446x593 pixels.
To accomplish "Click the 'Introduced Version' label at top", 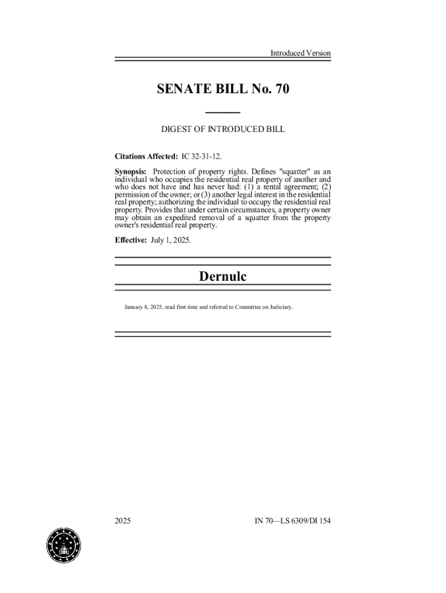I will [x=300, y=53].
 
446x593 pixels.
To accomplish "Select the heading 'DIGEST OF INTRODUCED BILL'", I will [x=222, y=130].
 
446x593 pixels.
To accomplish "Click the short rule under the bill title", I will [x=222, y=112].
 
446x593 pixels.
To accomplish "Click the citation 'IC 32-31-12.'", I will [x=202, y=156].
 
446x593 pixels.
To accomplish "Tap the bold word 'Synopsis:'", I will [x=130, y=171].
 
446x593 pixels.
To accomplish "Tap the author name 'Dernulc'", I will [x=222, y=277].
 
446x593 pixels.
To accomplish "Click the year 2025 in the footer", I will [x=123, y=521].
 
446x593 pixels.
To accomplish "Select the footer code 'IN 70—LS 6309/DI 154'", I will [x=293, y=521].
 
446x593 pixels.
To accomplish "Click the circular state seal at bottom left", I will [x=64, y=546].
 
